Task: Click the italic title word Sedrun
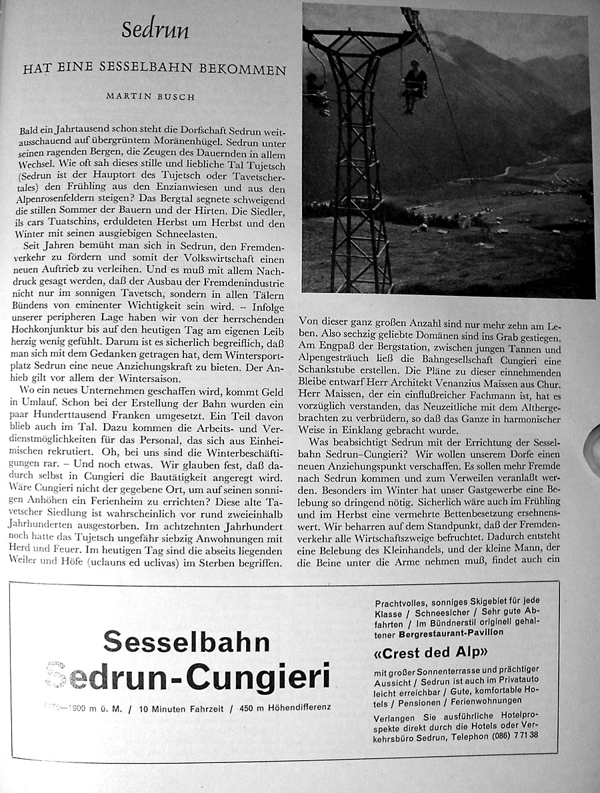(155, 31)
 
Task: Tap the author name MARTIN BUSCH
(151, 96)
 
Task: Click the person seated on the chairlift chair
(413, 85)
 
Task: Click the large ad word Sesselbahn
(187, 642)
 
